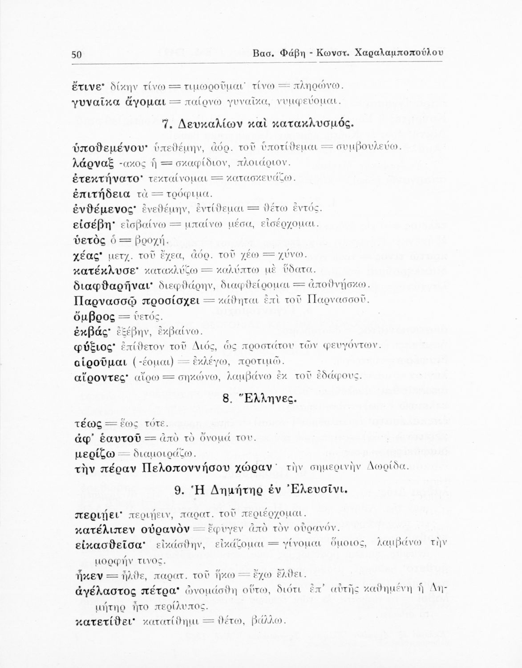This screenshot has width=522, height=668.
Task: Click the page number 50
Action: (x=75, y=54)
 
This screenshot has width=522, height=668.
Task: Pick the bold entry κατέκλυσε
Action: (x=102, y=269)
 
